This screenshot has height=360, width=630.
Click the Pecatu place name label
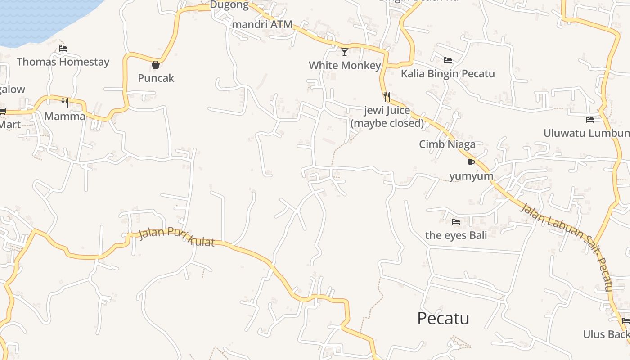pyautogui.click(x=443, y=318)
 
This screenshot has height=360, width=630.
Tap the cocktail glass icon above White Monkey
pyautogui.click(x=345, y=52)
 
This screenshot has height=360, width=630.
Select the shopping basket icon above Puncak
pyautogui.click(x=156, y=65)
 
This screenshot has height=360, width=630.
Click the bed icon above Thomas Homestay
pyautogui.click(x=63, y=49)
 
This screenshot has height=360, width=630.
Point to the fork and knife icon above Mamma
pyautogui.click(x=65, y=103)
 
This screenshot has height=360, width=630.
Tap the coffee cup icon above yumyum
pyautogui.click(x=471, y=162)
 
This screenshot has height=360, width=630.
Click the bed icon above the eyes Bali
pyautogui.click(x=456, y=222)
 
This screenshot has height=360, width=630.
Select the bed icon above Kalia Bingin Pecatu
pyautogui.click(x=448, y=60)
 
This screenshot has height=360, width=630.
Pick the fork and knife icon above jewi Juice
pyautogui.click(x=387, y=96)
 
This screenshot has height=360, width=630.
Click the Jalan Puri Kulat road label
pyautogui.click(x=176, y=236)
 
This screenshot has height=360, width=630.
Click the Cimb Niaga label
pyautogui.click(x=447, y=144)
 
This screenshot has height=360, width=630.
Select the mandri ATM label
pyautogui.click(x=262, y=24)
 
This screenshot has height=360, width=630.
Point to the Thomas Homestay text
pyautogui.click(x=63, y=62)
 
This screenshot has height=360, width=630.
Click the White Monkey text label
pyautogui.click(x=345, y=66)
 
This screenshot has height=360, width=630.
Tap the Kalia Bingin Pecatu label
pyautogui.click(x=448, y=73)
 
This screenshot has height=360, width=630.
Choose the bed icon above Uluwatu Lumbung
pyautogui.click(x=590, y=120)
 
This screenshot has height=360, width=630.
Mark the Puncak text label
pyautogui.click(x=156, y=78)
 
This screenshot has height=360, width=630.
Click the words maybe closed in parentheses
pyautogui.click(x=387, y=123)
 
